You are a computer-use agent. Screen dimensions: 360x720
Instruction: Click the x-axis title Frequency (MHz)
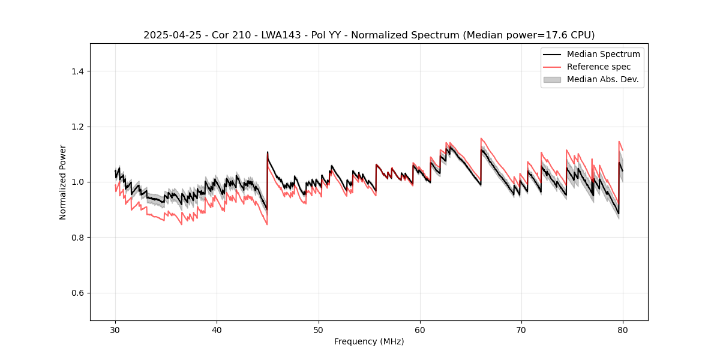[369, 341]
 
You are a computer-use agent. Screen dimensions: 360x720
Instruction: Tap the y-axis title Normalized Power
[63, 182]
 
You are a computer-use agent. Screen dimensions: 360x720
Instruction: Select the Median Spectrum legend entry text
[603, 54]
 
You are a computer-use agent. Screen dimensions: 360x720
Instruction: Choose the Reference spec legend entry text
[599, 67]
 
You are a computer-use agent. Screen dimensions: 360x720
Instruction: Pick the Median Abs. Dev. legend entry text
[602, 79]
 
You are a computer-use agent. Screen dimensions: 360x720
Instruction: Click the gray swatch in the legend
[552, 79]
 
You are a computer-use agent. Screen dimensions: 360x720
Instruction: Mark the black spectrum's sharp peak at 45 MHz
[268, 152]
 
